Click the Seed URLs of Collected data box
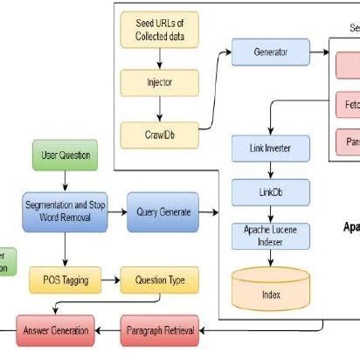pos(159,30)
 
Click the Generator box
pos(270,52)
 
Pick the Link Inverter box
pos(270,149)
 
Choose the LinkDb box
pos(270,191)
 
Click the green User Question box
pos(66,156)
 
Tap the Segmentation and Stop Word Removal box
pos(66,211)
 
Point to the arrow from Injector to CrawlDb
pos(159,109)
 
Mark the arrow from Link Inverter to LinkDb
pos(270,170)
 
